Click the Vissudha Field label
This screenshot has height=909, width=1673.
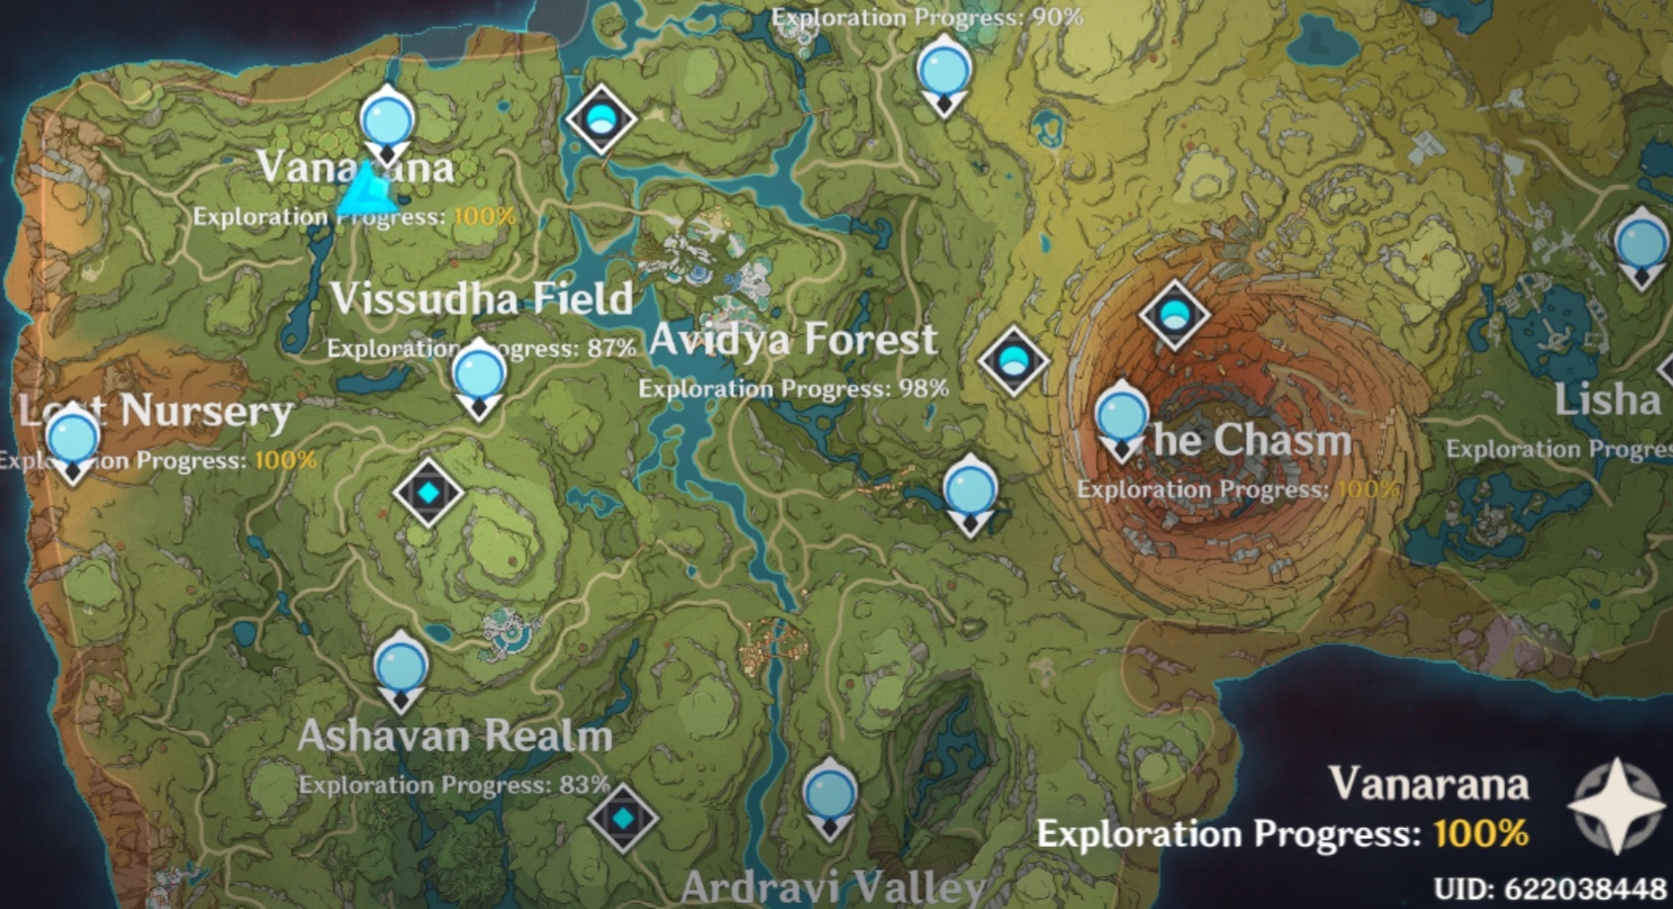click(481, 298)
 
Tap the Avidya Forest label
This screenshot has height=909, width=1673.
click(792, 340)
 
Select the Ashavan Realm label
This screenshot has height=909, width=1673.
click(455, 736)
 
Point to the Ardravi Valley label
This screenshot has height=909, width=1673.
click(833, 887)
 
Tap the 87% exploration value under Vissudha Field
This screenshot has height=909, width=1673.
click(611, 348)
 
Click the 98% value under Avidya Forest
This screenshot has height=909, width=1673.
click(922, 388)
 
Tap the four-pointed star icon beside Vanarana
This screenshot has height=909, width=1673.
click(1616, 805)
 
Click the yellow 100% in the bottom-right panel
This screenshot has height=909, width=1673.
click(1480, 834)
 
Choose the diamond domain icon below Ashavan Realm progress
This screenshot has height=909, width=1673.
click(622, 818)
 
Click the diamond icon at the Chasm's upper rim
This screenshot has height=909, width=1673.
click(1174, 315)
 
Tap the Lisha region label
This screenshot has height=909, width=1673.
click(1607, 400)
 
